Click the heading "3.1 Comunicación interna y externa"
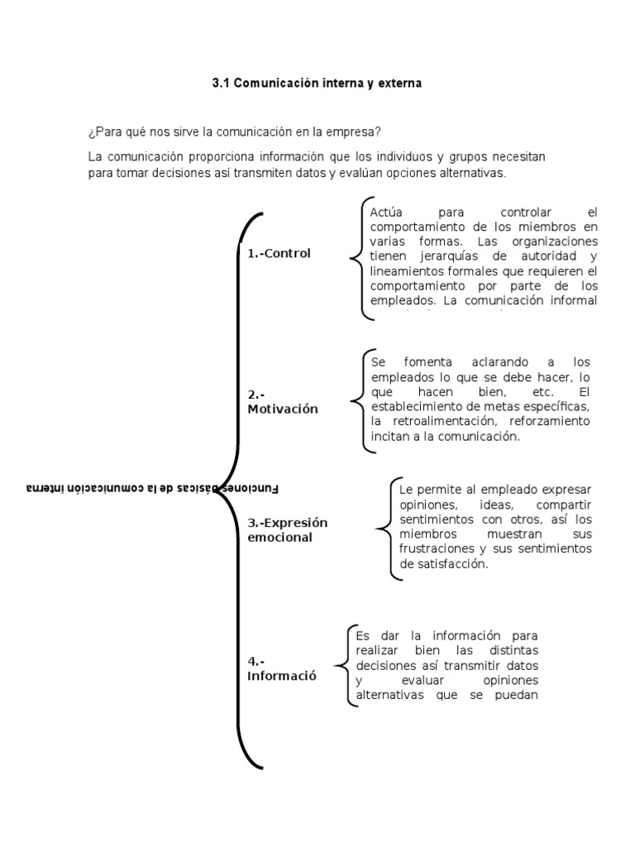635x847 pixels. click(317, 84)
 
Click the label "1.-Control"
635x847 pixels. click(279, 254)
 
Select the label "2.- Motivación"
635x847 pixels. click(282, 402)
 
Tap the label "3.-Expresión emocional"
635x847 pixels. click(288, 529)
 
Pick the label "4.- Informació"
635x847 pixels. click(282, 668)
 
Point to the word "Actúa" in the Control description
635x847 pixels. click(386, 212)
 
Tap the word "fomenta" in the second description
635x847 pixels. click(427, 362)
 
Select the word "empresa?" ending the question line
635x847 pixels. click(357, 132)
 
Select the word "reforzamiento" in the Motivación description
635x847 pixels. click(550, 422)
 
